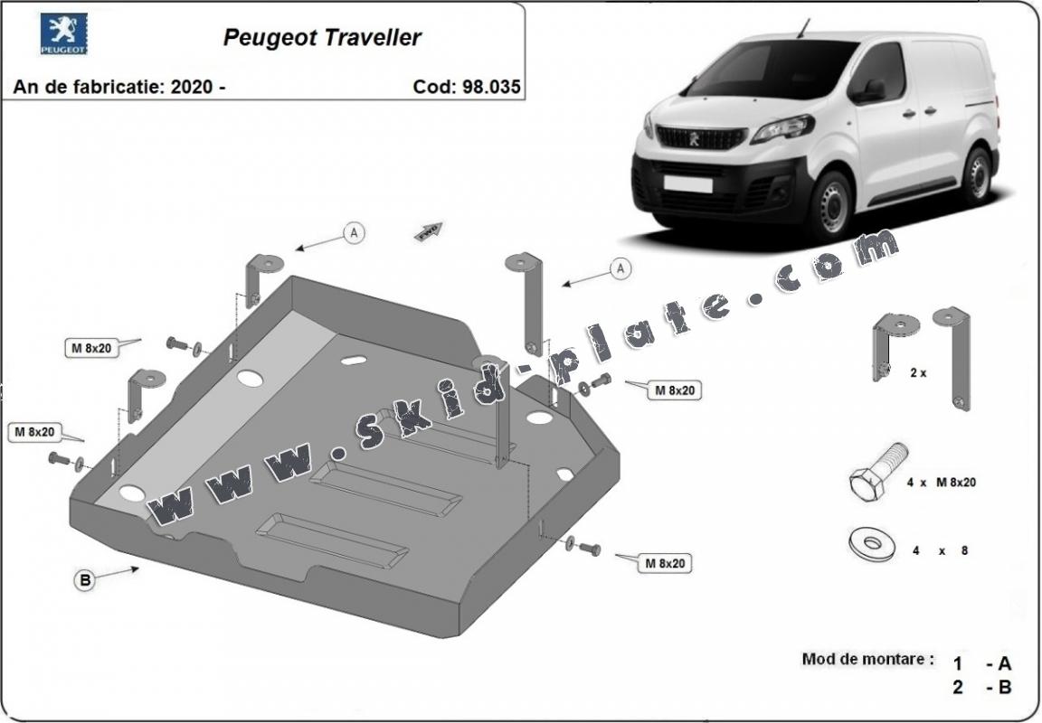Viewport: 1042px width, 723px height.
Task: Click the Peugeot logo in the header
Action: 63,35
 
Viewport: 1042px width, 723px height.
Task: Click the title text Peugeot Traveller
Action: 322,38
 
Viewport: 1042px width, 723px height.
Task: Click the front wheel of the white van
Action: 831,203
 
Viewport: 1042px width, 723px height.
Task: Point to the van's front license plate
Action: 688,183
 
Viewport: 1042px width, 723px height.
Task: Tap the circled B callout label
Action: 84,581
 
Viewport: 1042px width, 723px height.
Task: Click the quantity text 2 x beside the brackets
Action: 918,371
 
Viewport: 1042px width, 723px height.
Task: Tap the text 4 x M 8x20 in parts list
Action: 941,483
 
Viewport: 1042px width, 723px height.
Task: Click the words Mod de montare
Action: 867,659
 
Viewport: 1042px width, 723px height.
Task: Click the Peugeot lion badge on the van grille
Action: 695,138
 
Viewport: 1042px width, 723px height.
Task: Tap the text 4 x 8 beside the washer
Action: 940,549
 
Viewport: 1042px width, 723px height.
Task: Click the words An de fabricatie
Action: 83,87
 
